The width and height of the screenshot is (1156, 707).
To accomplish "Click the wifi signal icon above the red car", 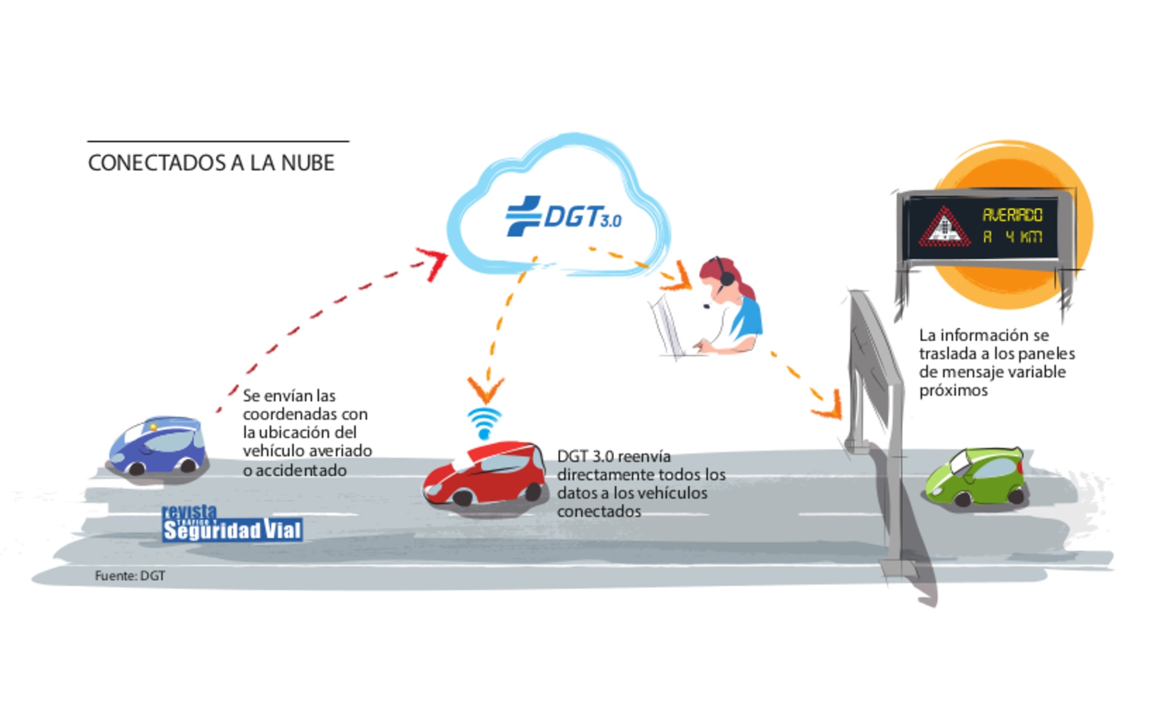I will pos(484,423).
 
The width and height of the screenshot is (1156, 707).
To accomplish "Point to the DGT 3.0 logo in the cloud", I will pos(564,217).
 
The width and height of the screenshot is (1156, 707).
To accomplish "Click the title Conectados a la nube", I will pos(211,163).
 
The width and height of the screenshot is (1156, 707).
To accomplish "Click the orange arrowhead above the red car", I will pos(486,388).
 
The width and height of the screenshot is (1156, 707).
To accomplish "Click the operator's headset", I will pos(724,276).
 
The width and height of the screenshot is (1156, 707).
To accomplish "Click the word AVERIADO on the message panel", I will pos(1012,215).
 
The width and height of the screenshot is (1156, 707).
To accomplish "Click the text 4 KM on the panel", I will pos(1024,237).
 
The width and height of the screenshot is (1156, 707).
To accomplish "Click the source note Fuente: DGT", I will pos(130,576).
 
